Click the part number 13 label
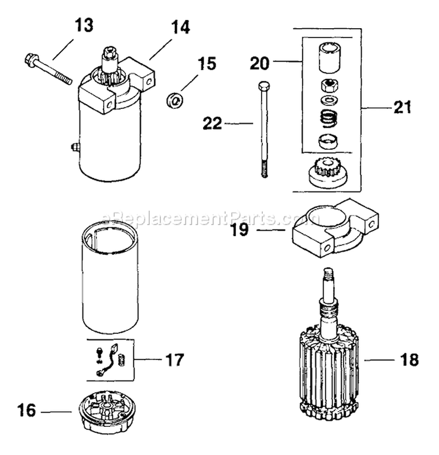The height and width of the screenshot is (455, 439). pos(84,26)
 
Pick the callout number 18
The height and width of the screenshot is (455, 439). pos(410,360)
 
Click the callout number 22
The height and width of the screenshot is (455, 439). pos(212,124)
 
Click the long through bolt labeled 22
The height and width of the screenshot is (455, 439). pos(260,129)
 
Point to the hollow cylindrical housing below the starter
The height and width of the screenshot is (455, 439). pos(111,284)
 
